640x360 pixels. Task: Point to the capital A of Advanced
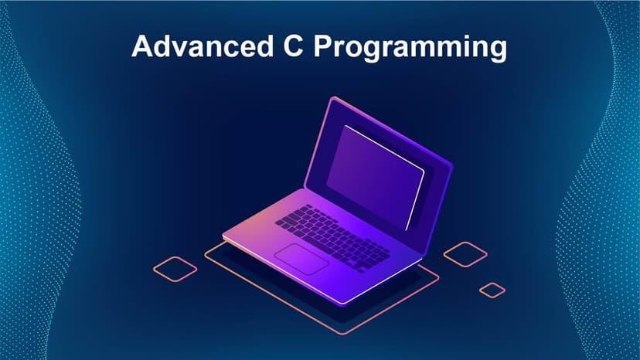[x=141, y=46]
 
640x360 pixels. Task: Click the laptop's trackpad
[x=301, y=257]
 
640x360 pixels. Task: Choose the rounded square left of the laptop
[x=175, y=268]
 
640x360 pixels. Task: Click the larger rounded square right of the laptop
[x=465, y=254]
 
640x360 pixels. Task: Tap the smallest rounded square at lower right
[x=492, y=290]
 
